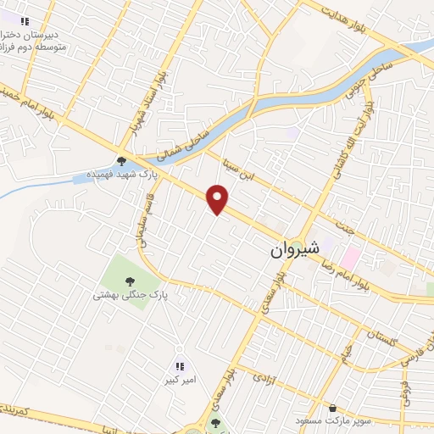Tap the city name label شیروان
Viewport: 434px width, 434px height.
tap(296, 251)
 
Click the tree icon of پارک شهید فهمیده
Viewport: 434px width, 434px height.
tap(122, 161)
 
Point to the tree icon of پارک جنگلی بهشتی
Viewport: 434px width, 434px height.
tap(130, 282)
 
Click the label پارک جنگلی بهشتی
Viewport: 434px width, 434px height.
tap(131, 297)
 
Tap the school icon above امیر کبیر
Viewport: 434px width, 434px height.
tap(179, 367)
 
